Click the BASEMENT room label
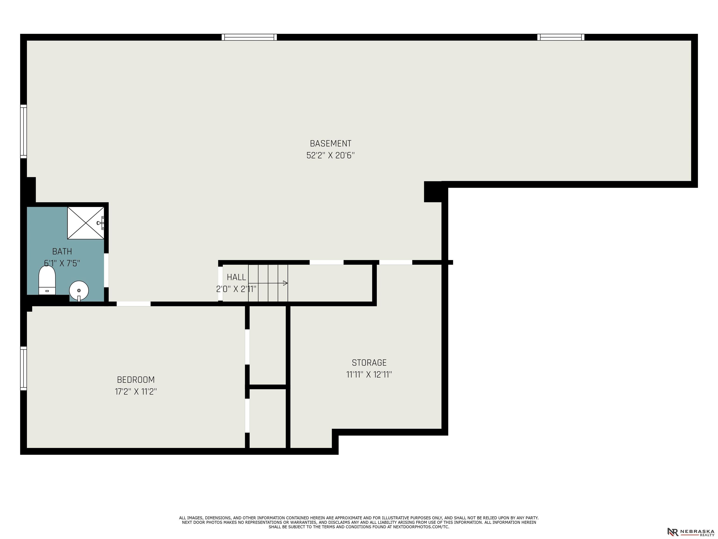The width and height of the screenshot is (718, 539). click(330, 143)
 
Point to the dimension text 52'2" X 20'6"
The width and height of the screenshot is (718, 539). click(330, 155)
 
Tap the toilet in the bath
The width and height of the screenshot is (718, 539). click(47, 280)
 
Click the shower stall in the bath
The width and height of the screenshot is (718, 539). click(86, 223)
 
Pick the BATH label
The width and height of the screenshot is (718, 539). click(62, 251)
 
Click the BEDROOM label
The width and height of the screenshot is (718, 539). click(136, 379)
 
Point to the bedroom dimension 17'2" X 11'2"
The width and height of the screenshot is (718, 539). click(136, 391)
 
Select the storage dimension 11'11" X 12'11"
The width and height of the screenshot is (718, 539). click(369, 374)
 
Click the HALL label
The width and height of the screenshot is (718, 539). click(236, 277)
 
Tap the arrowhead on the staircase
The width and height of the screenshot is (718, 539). click(285, 283)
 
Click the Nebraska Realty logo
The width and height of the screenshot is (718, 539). click(691, 532)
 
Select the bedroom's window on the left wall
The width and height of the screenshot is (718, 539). click(23, 368)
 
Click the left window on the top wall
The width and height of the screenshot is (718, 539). click(249, 37)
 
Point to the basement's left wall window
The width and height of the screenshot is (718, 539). click(23, 131)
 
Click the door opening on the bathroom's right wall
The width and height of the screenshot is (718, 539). click(106, 270)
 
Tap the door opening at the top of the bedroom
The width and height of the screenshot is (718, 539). click(133, 304)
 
